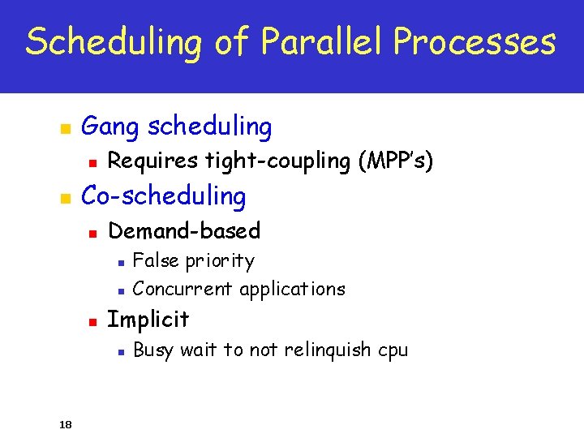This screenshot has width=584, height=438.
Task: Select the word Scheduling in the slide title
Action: (x=113, y=42)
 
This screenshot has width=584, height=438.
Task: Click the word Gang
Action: (x=113, y=127)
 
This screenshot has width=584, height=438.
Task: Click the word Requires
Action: (x=153, y=161)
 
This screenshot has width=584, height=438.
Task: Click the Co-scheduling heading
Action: (x=164, y=195)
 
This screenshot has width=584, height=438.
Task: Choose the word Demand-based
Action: (x=184, y=231)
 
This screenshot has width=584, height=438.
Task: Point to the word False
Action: (x=156, y=261)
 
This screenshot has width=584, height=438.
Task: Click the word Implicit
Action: (x=148, y=320)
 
